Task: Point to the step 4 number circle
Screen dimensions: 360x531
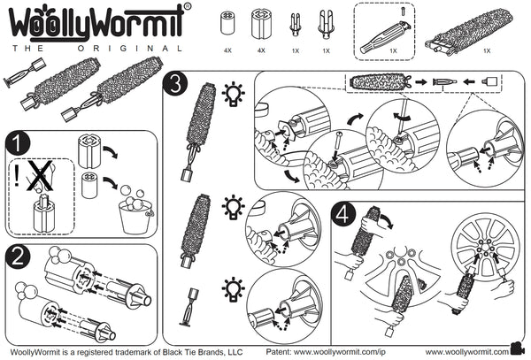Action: [x=345, y=213]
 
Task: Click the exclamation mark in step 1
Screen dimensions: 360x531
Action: [x=18, y=176]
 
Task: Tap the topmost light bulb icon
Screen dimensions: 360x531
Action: [x=233, y=93]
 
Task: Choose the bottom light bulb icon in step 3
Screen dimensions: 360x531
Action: [x=233, y=287]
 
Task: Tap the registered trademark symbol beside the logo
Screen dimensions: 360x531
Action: [x=186, y=7]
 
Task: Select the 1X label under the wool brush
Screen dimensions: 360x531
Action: [x=487, y=52]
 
